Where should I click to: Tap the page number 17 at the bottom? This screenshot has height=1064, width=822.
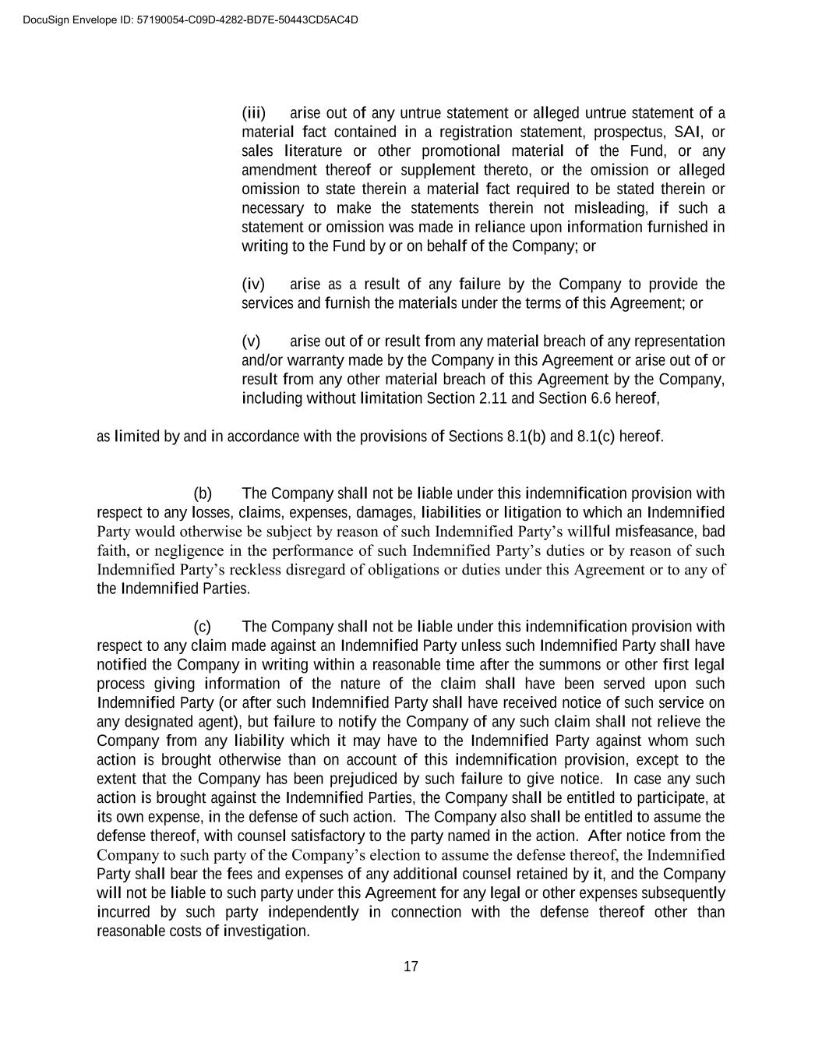tap(411, 967)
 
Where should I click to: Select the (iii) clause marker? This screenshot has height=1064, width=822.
tap(254, 113)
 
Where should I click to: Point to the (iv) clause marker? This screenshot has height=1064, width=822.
tap(253, 284)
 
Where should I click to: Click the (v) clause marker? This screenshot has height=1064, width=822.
tap(251, 341)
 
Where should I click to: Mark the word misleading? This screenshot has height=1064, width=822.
tap(610, 208)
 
